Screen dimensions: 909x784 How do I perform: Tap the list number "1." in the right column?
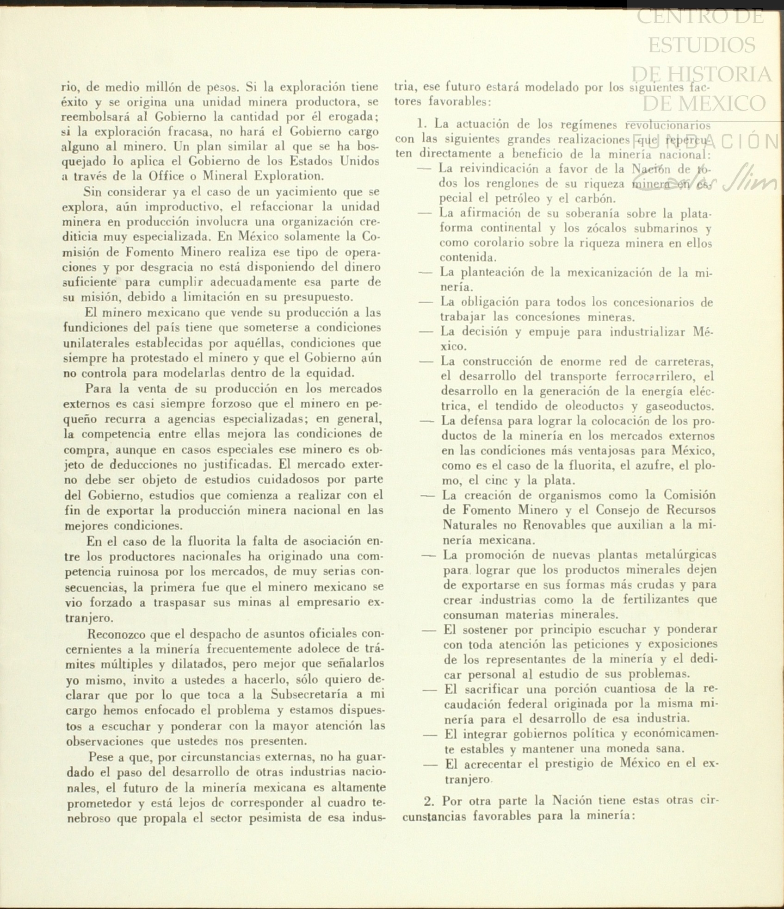click(423, 124)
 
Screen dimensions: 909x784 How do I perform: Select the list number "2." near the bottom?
click(430, 800)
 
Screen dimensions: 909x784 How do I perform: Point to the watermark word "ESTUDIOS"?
click(702, 45)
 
